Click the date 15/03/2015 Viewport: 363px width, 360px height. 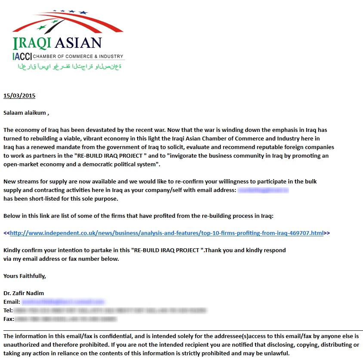(19, 95)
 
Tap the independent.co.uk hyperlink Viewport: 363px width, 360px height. (166, 233)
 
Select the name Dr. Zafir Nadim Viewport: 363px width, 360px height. (24, 293)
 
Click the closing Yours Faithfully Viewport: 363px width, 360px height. (25, 276)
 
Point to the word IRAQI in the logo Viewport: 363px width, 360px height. (32, 43)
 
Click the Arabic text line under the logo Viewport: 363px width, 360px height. (69, 67)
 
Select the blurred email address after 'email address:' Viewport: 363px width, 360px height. (263, 190)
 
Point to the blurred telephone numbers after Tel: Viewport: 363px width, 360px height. (110, 311)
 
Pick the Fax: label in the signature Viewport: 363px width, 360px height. (9, 319)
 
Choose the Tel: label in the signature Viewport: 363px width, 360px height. (8, 311)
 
